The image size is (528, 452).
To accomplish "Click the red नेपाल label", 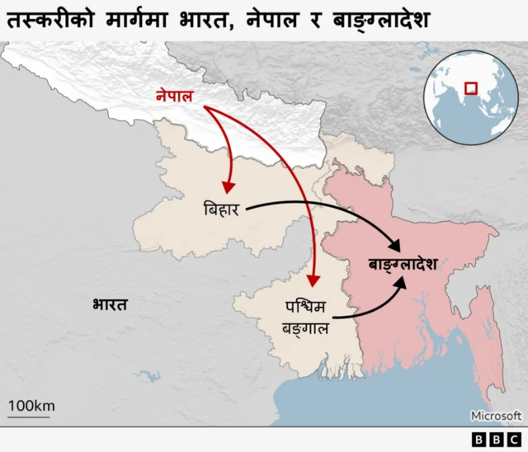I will click(174, 97).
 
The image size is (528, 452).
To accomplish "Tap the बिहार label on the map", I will click(221, 210).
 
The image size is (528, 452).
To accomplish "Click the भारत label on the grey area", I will click(110, 304).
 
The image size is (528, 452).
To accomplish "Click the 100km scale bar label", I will click(31, 405).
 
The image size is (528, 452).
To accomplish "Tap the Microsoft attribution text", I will click(496, 416).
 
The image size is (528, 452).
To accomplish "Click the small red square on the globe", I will click(470, 87).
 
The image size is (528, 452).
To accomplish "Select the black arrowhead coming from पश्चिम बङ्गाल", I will click(400, 281).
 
